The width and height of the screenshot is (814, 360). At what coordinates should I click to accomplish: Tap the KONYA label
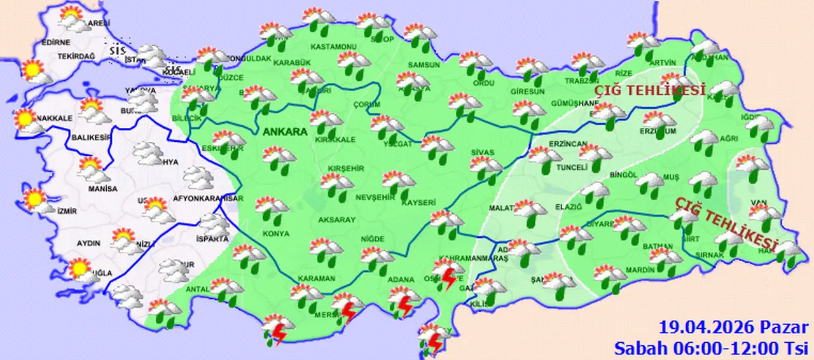click(x=275, y=234)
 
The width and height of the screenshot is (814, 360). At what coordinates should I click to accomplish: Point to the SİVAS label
click(x=482, y=153)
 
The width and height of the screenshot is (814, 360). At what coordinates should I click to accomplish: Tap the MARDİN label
click(x=639, y=270)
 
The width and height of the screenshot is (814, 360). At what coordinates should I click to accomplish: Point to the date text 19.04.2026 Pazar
click(x=733, y=328)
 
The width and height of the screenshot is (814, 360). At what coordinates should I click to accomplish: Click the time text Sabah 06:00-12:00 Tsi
click(x=710, y=347)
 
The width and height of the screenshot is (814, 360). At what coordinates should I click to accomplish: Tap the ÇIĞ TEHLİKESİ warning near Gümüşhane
click(x=650, y=91)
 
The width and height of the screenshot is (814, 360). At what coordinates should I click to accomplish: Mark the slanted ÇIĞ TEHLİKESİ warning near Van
click(x=727, y=223)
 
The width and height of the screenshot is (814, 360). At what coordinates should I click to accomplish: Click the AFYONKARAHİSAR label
click(x=203, y=198)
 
